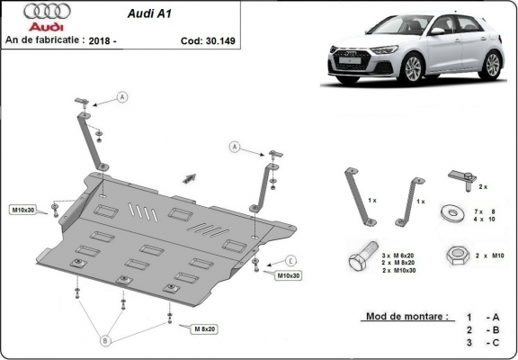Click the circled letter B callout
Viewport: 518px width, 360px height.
105,341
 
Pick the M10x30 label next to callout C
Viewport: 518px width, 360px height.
288,275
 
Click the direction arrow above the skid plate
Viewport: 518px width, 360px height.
190,176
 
